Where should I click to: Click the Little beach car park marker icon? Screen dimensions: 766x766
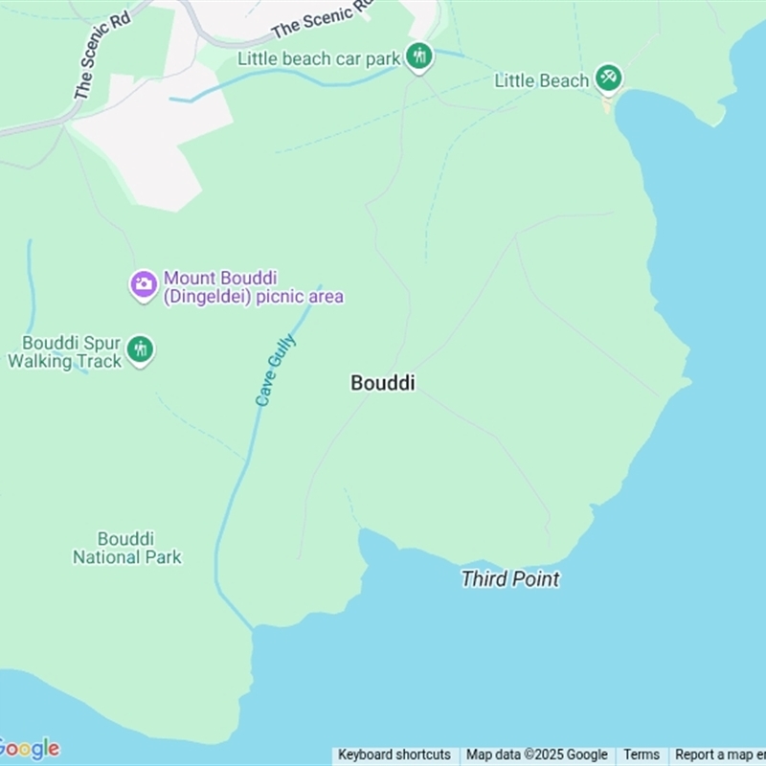pos(418,56)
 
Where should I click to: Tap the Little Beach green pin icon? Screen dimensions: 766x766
pos(608,78)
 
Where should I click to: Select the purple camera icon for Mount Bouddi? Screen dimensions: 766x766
pos(144,283)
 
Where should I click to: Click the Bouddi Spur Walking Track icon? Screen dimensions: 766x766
pos(141,349)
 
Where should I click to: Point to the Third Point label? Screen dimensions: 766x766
pos(509,579)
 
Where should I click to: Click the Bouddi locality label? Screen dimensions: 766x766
pos(383,383)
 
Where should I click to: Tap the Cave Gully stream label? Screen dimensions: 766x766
pos(276,371)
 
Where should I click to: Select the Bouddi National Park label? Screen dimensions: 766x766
pos(127,548)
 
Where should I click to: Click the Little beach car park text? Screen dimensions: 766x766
pos(319,58)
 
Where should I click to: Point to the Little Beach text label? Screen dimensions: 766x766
pos(541,80)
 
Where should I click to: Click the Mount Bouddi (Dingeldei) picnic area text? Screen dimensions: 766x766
pos(253,287)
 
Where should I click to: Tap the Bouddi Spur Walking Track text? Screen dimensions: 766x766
pos(65,351)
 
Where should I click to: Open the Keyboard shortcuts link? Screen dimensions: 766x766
pos(394,755)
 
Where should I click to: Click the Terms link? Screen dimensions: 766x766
pos(642,755)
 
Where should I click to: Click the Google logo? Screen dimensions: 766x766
pos(29,748)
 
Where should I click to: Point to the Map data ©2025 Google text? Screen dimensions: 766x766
pos(536,755)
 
